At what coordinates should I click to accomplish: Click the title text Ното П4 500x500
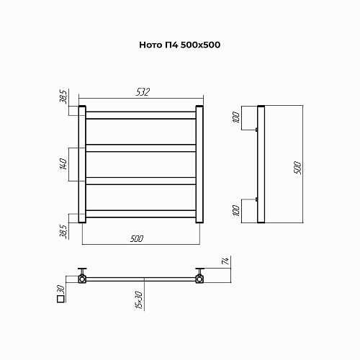click(180, 45)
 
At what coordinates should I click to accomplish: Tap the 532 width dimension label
click(143, 92)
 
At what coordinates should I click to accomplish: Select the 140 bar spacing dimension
click(63, 164)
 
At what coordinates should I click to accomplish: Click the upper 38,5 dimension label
click(63, 96)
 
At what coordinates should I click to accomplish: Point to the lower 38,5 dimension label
click(63, 231)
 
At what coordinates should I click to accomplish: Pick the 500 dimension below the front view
click(137, 238)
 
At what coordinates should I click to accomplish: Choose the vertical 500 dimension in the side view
click(297, 168)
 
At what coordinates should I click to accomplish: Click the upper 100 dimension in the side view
click(236, 117)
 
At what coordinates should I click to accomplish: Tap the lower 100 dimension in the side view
click(236, 211)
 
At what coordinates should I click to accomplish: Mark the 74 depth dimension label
click(225, 261)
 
